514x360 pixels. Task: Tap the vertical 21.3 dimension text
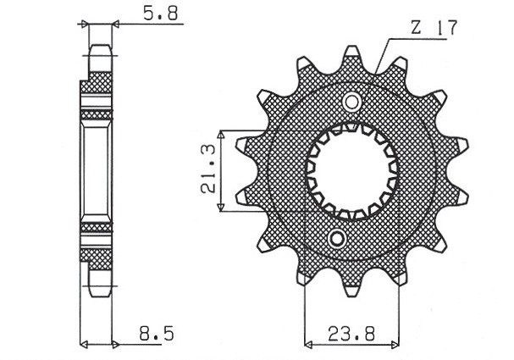[206, 171]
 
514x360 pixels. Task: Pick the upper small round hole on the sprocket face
[351, 102]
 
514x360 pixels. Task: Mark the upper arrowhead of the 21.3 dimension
[221, 135]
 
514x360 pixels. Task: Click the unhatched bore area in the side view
[97, 169]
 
